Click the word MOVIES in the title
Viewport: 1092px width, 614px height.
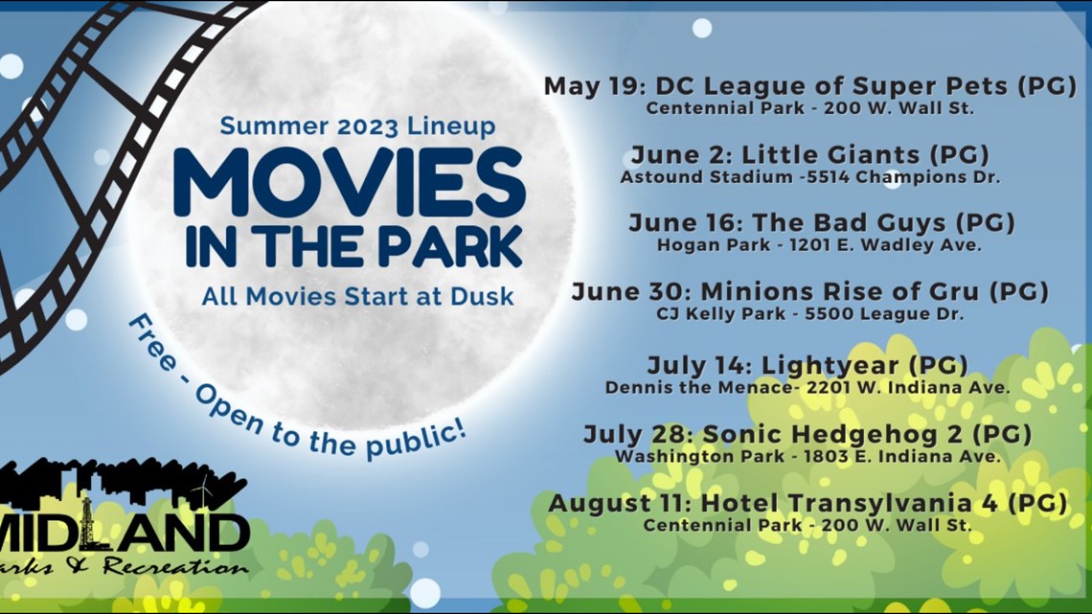(349, 183)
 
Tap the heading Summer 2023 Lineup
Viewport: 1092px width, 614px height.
(357, 125)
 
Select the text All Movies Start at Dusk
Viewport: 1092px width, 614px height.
(357, 296)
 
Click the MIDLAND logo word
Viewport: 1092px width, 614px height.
(125, 533)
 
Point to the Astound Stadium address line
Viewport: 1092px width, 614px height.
(809, 176)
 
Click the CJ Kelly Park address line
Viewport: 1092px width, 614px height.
(810, 313)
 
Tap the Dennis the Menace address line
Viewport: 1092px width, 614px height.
(808, 387)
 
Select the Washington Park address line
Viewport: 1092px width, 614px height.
(808, 456)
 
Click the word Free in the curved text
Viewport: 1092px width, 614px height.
(151, 346)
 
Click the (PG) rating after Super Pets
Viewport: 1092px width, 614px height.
(1046, 86)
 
